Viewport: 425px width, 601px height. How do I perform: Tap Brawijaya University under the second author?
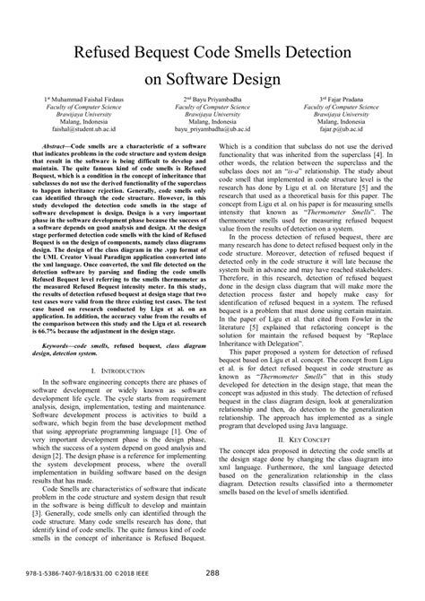212,115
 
